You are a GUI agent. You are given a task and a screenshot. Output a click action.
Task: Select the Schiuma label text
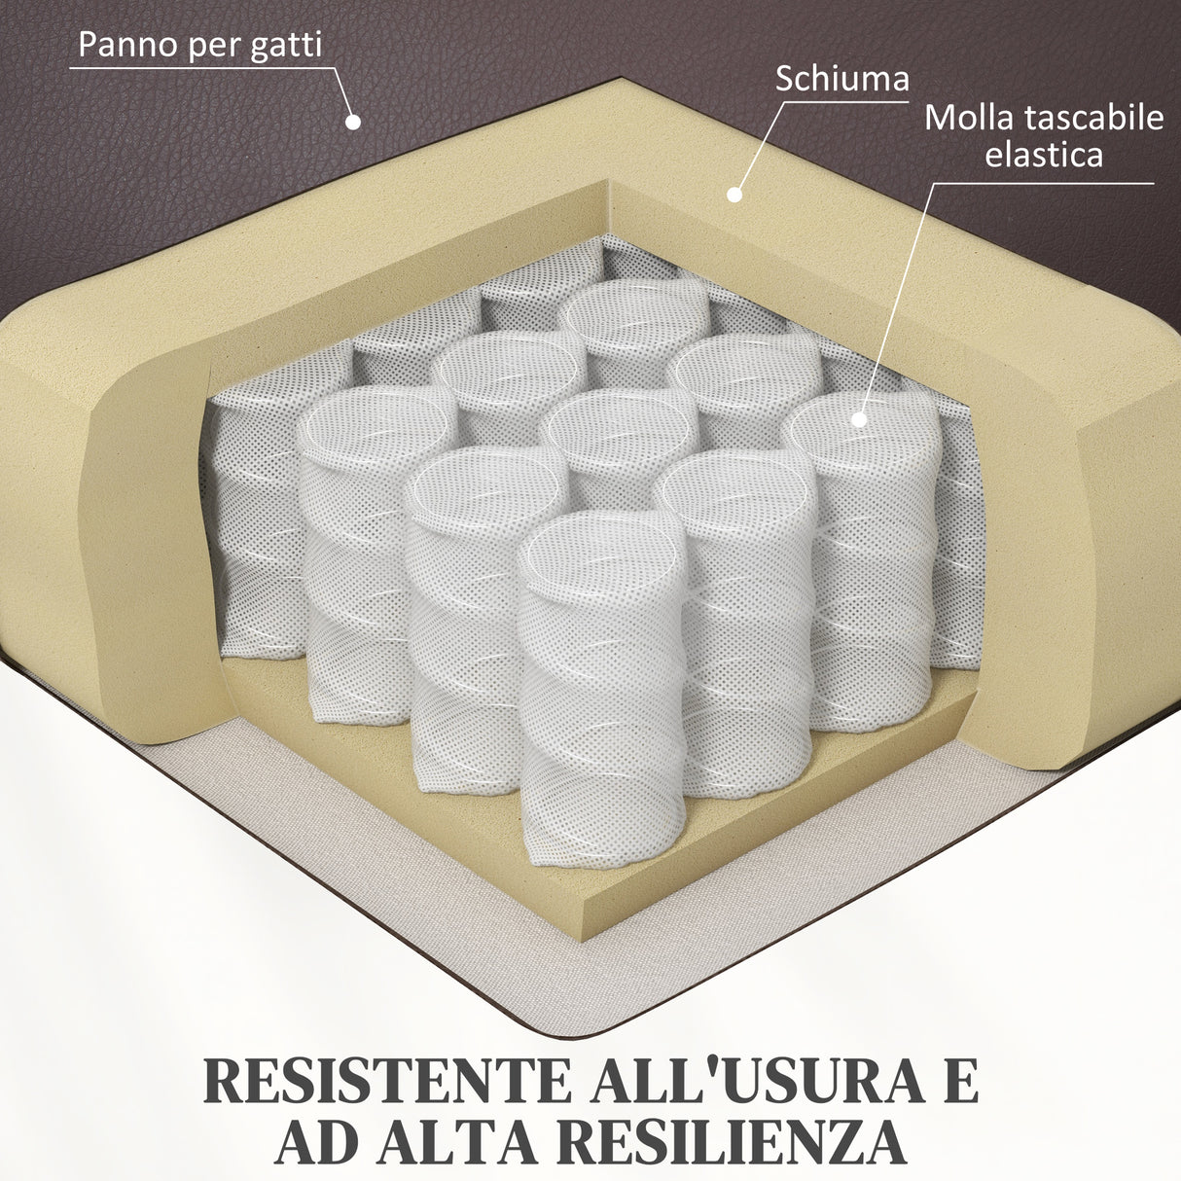[x=841, y=79]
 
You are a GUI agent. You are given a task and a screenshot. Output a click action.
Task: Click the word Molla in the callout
[x=969, y=118]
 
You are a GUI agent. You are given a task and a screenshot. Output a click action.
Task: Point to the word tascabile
[x=1094, y=118]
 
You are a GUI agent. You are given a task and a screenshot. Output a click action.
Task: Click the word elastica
[x=1044, y=154]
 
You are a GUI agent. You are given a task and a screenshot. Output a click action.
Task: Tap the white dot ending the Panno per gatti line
[x=354, y=122]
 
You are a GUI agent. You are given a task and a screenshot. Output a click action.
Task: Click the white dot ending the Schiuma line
[x=734, y=195]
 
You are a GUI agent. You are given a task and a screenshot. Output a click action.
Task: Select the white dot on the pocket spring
[x=858, y=419]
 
